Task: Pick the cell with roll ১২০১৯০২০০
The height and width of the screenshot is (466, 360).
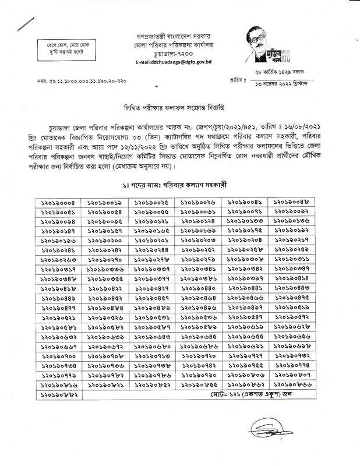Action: (107, 239)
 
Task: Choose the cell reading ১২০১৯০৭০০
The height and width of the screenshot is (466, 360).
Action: (61, 354)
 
